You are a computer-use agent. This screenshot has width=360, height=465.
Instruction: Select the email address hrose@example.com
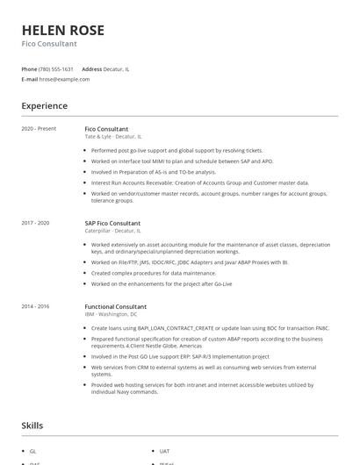[x=64, y=79]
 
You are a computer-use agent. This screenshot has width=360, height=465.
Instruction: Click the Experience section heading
[x=44, y=106]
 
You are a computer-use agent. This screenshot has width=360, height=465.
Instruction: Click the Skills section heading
[x=32, y=426]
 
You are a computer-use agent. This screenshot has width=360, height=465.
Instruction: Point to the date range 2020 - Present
[x=39, y=129]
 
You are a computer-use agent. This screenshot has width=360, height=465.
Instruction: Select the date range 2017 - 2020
[x=36, y=223]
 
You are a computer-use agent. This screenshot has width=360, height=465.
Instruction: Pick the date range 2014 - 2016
[x=36, y=306]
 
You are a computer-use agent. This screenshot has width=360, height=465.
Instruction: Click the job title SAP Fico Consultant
[x=112, y=223]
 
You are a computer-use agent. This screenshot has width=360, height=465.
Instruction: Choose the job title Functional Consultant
[x=115, y=306]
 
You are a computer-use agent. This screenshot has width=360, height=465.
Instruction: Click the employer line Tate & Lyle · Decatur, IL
[x=112, y=137]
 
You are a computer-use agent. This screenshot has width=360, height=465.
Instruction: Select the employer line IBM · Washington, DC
[x=111, y=314]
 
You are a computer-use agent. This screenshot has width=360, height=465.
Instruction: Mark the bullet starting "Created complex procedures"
[x=154, y=273]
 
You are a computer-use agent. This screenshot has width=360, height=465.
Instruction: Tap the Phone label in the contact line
[x=29, y=68]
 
